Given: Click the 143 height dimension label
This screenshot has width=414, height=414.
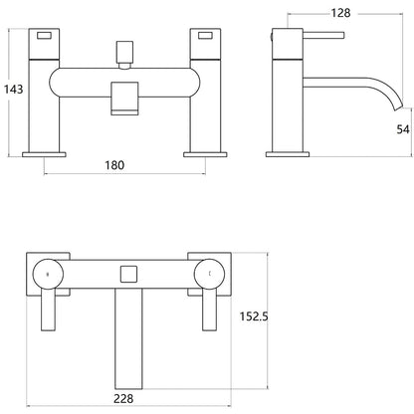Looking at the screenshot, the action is click(x=13, y=90).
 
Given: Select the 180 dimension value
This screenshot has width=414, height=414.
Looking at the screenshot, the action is click(x=114, y=165).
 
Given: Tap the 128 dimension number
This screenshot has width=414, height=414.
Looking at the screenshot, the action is click(x=340, y=13).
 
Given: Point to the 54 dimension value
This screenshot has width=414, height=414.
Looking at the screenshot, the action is click(x=403, y=129).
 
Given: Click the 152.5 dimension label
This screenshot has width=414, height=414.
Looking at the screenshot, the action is click(x=254, y=316).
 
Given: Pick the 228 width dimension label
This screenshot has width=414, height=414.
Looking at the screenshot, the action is click(x=123, y=398).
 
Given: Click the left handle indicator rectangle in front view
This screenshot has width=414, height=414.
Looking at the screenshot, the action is click(x=44, y=36).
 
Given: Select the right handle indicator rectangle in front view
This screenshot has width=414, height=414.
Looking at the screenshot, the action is click(x=205, y=36).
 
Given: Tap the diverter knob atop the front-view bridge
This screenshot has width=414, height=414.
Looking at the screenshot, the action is click(x=124, y=55).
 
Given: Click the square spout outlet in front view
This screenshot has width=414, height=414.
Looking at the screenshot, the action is click(x=124, y=99).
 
